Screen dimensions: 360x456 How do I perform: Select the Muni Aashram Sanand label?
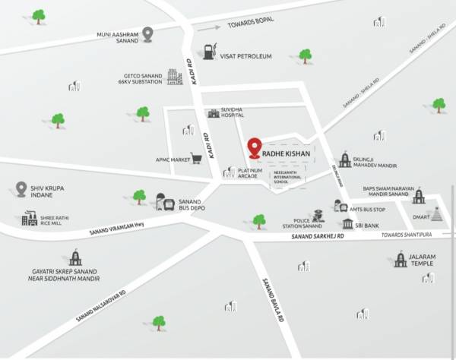(119, 37)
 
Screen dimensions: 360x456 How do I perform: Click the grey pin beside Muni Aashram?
(148, 33)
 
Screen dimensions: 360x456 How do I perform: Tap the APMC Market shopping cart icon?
(197, 159)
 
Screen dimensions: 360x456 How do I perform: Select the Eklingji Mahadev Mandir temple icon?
(345, 159)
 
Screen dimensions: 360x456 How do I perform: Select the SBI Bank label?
(370, 224)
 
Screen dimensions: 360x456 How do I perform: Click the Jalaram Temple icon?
(401, 260)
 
